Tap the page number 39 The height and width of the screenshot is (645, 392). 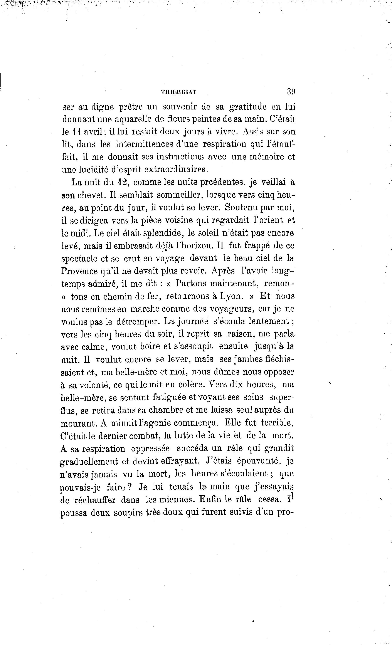click(291, 91)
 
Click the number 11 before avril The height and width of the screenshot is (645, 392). click(76, 132)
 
